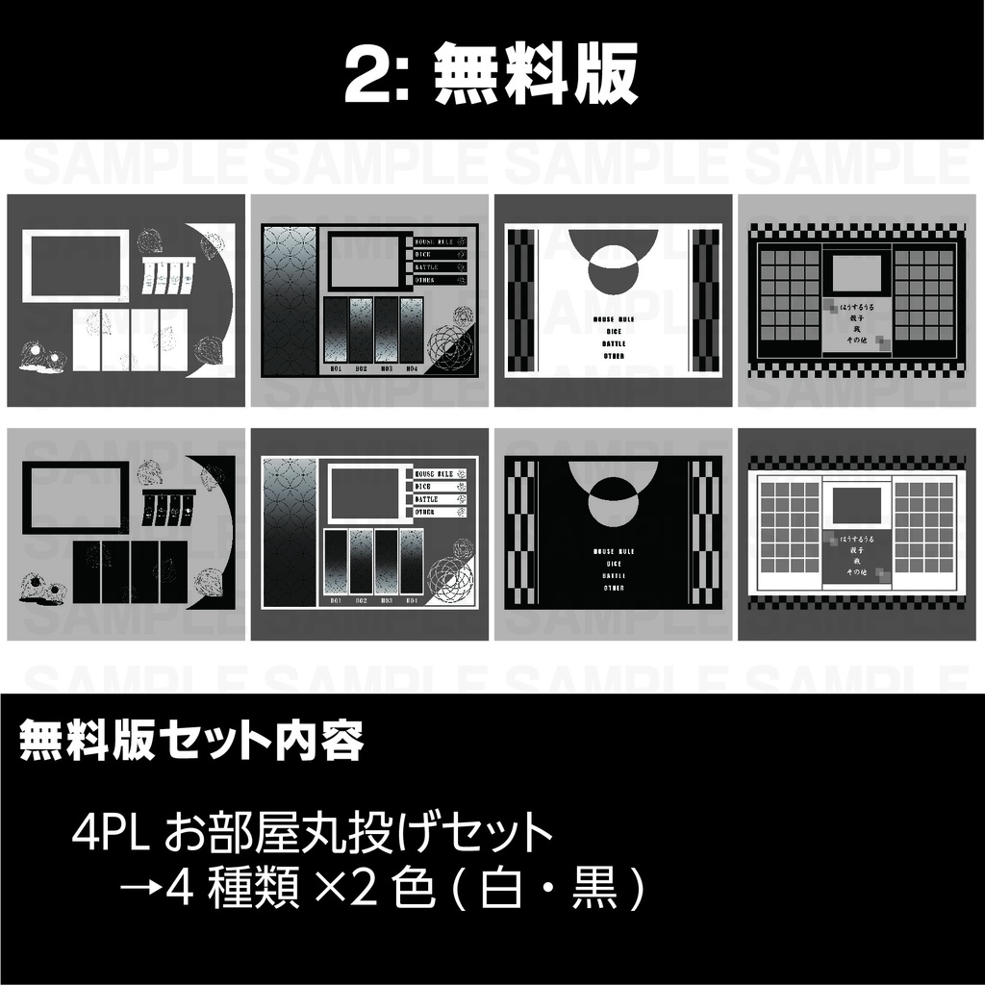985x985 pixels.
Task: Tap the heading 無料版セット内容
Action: [x=191, y=741]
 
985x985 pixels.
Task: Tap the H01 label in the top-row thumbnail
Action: [x=336, y=368]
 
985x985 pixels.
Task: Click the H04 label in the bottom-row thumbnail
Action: [x=412, y=600]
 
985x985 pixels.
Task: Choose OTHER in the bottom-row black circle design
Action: [x=614, y=587]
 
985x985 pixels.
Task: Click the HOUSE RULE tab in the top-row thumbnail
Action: [x=433, y=241]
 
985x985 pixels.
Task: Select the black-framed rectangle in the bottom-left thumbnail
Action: [x=75, y=496]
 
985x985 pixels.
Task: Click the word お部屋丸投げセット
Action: [x=359, y=833]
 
